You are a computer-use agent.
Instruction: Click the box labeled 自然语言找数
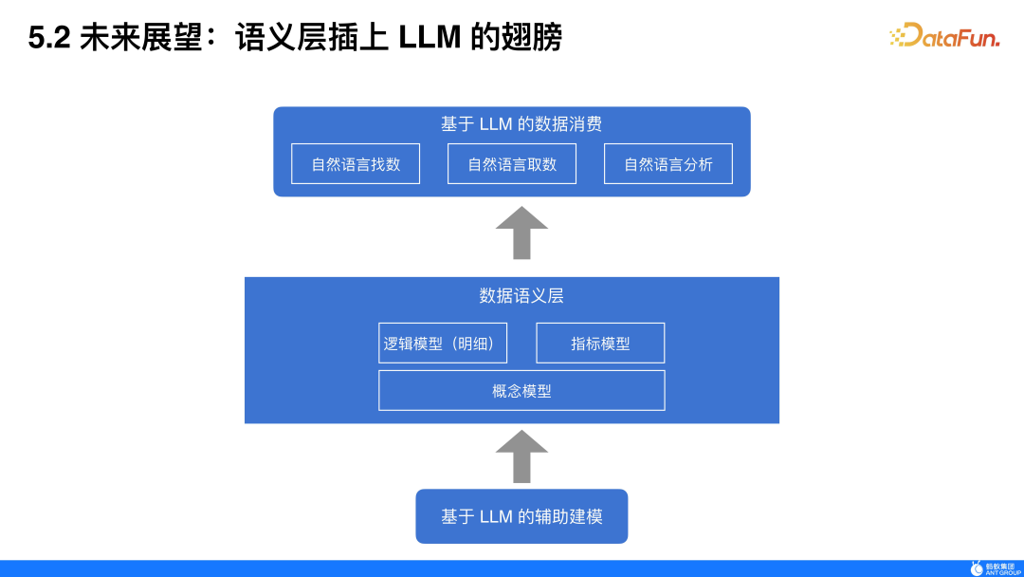point(356,164)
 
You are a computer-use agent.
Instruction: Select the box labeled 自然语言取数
point(512,164)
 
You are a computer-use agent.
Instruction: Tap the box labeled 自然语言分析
point(668,164)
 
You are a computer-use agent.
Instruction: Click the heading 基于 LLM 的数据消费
point(521,124)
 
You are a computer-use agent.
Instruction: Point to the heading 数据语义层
point(521,296)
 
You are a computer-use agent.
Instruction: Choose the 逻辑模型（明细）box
point(443,344)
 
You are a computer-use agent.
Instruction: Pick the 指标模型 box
point(600,344)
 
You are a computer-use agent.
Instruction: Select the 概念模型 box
point(521,391)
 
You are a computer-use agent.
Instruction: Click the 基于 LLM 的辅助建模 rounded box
point(521,516)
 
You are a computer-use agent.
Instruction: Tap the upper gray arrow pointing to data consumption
point(521,233)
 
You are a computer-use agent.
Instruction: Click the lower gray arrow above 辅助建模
point(521,456)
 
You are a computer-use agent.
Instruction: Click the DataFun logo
point(949,36)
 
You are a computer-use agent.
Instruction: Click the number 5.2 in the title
point(49,38)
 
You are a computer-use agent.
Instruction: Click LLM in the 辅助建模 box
point(496,517)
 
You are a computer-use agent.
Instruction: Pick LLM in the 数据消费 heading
point(496,124)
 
